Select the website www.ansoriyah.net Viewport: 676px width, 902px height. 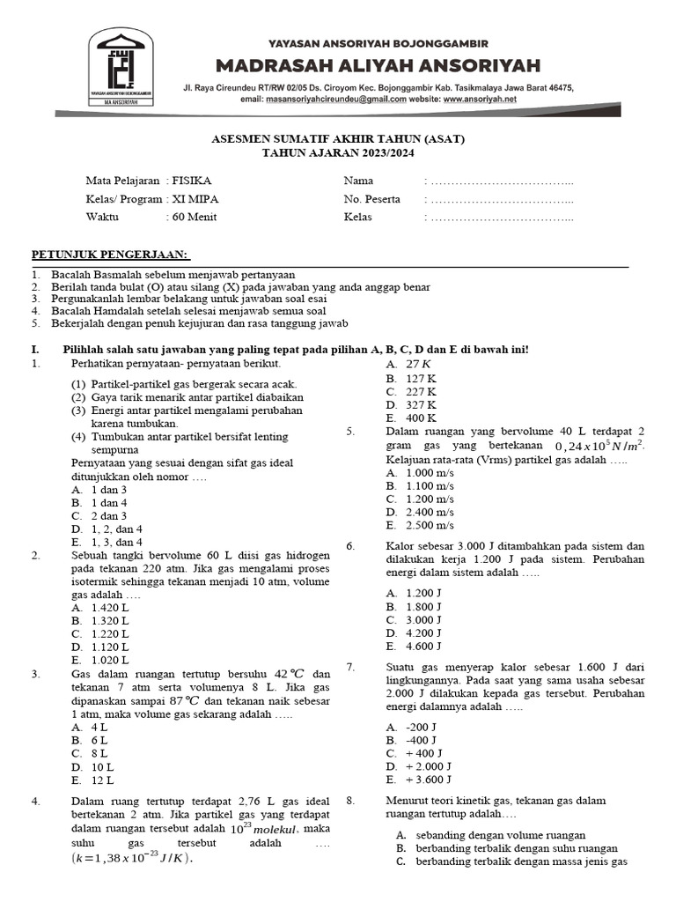tap(480, 100)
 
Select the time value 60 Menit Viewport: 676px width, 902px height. tap(194, 217)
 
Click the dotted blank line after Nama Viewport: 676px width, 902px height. tap(499, 181)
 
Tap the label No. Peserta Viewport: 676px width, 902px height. tap(371, 199)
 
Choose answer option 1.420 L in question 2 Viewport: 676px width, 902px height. tap(109, 608)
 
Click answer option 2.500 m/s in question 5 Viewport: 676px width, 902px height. tap(430, 525)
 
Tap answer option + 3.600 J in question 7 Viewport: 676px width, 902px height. tap(429, 780)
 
